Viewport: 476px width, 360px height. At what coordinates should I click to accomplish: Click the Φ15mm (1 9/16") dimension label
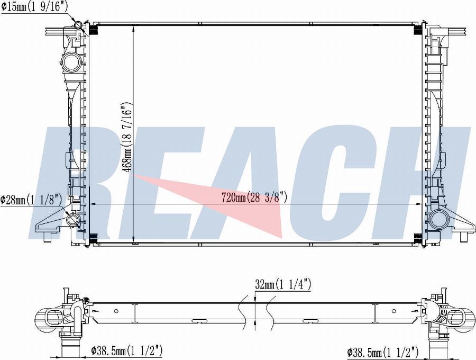(34, 7)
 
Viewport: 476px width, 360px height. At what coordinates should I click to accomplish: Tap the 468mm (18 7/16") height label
(127, 137)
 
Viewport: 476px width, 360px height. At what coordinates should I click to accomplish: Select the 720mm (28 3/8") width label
(254, 198)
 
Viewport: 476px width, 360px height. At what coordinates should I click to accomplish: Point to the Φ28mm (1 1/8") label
(31, 200)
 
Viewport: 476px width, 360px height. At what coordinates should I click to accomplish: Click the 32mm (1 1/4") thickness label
(283, 285)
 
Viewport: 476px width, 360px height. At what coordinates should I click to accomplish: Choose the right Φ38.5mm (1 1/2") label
(383, 353)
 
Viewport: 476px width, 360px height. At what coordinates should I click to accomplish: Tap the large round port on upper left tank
(72, 61)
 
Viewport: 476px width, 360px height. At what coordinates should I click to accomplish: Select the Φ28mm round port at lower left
(73, 220)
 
